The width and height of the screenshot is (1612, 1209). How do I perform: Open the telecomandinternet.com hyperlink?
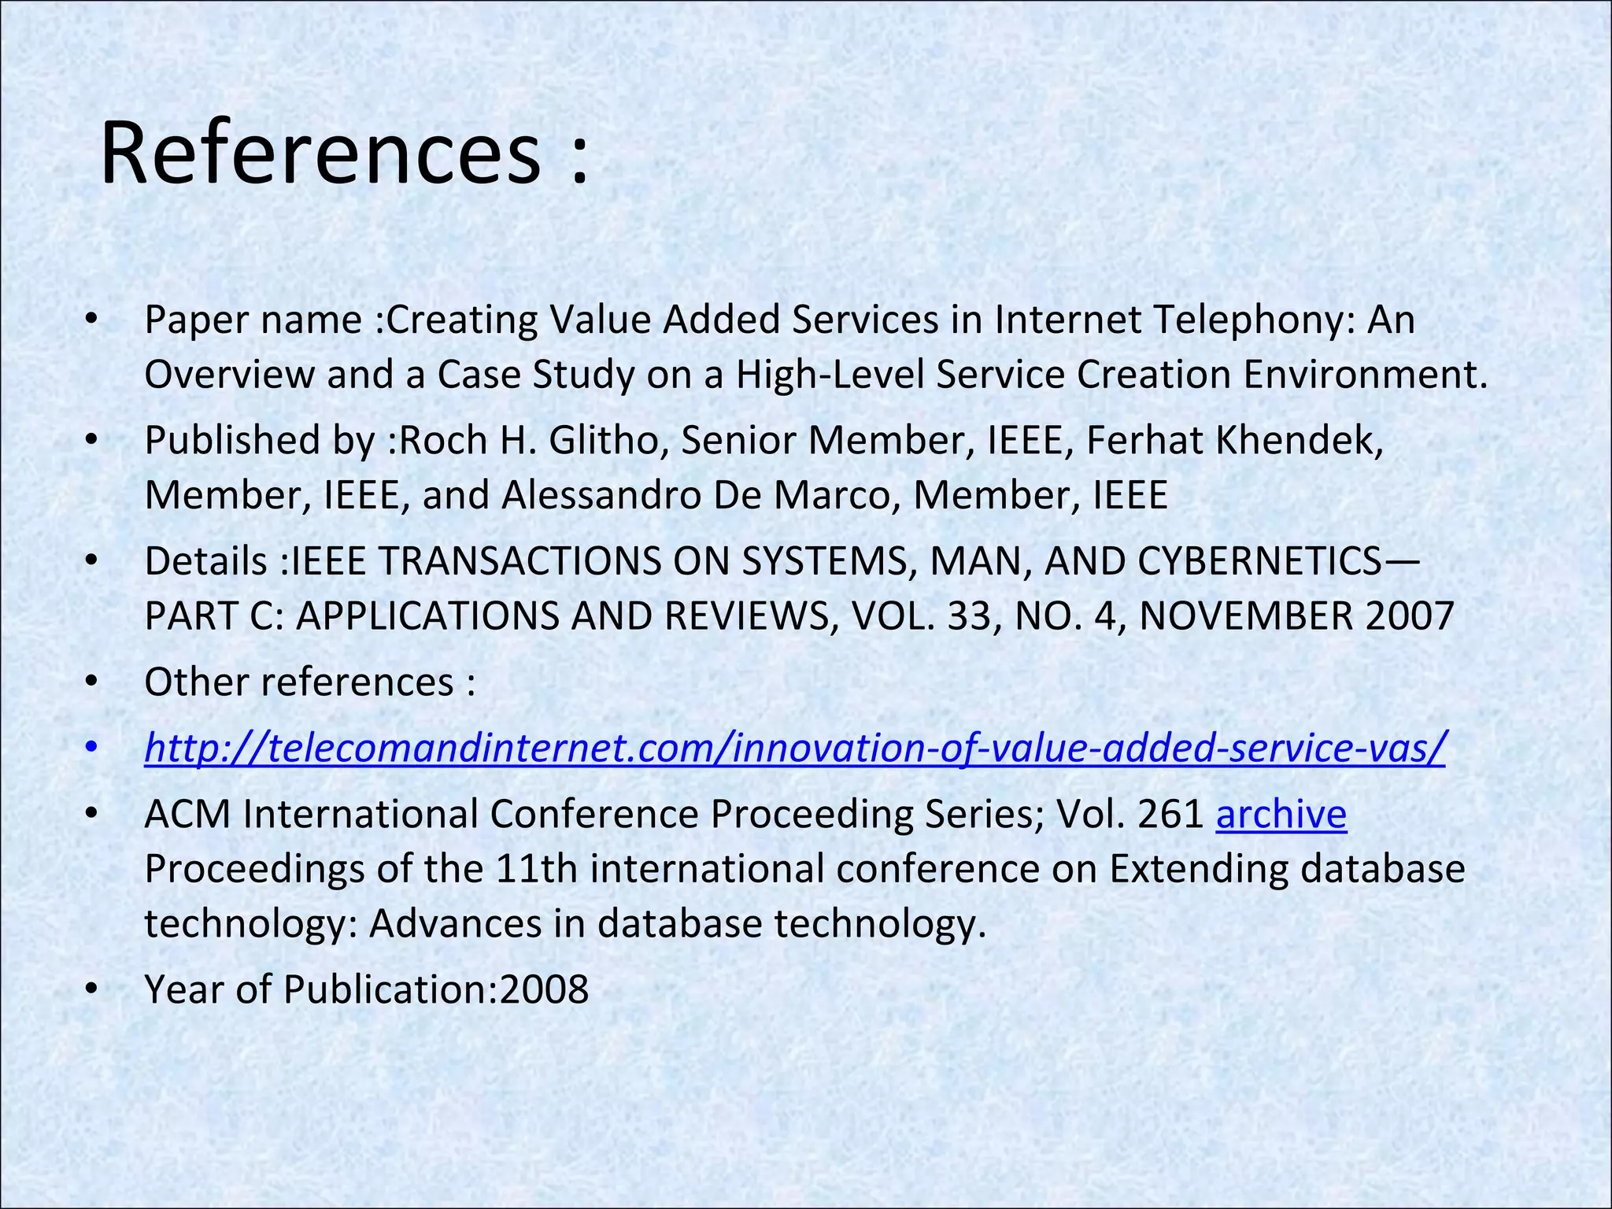click(x=795, y=748)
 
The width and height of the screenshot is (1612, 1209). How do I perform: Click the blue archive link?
click(x=1281, y=814)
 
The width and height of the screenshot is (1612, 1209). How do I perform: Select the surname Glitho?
click(x=603, y=440)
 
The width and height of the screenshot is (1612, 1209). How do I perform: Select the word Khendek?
click(x=1299, y=440)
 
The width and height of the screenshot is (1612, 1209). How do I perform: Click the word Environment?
click(x=1366, y=375)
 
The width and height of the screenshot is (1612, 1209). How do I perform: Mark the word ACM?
click(x=187, y=814)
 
